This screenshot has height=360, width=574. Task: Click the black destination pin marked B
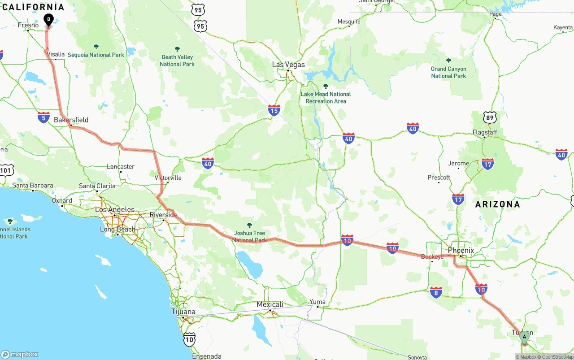48,19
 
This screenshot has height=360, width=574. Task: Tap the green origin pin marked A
524,337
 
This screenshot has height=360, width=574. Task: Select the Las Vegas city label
288,65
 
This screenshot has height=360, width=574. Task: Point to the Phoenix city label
461,250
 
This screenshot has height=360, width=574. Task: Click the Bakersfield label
71,120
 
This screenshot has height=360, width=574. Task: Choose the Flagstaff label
484,133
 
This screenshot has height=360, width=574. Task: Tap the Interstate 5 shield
43,117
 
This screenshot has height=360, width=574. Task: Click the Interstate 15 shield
274,110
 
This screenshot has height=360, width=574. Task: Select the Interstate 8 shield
436,292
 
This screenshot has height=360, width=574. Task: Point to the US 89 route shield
490,118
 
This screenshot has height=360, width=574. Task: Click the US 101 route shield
7,170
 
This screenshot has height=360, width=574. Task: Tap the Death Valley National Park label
177,61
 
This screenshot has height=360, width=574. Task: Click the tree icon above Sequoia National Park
96,47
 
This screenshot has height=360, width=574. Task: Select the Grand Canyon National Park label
448,72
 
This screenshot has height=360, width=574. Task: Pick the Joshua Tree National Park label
249,236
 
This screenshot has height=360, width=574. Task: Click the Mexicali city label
270,304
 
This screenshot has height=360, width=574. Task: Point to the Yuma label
317,302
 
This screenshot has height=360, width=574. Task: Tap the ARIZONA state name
497,204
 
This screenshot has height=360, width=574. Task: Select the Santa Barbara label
33,186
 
